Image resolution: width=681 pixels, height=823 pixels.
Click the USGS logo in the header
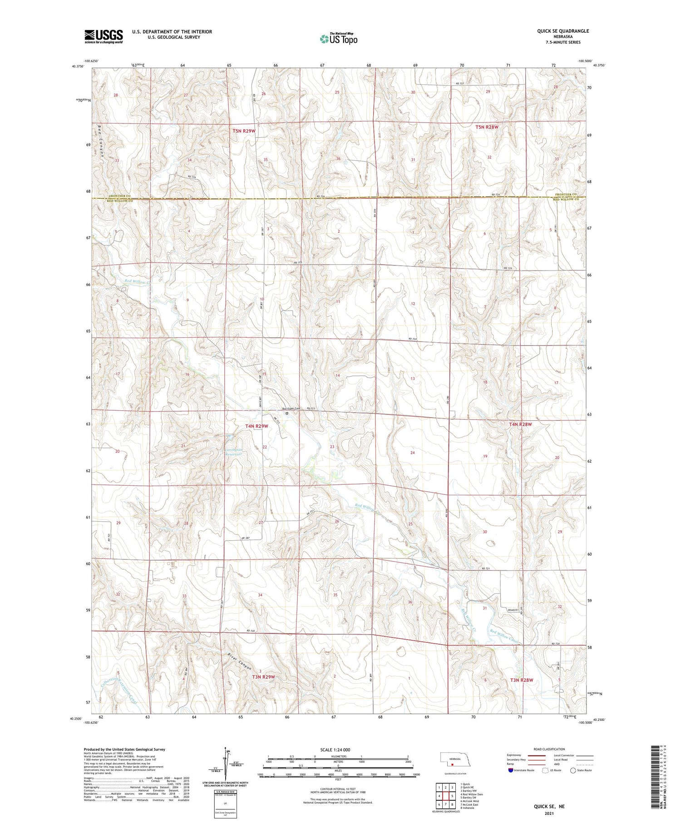click(x=104, y=36)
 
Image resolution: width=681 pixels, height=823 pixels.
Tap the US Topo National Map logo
click(x=339, y=39)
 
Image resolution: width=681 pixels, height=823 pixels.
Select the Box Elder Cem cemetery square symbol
click(x=287, y=414)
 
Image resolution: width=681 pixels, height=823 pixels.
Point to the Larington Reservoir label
click(x=235, y=452)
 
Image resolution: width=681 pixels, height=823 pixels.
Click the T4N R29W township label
click(x=257, y=426)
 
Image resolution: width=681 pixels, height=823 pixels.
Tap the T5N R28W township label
click(x=487, y=127)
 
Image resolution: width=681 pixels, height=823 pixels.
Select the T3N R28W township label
click(x=521, y=680)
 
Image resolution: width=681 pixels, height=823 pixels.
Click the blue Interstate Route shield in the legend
click(x=511, y=770)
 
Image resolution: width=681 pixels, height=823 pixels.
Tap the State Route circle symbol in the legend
click(x=573, y=770)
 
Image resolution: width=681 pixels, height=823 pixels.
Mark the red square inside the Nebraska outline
click(x=452, y=764)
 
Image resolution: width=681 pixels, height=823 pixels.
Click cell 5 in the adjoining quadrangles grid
click(x=452, y=796)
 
